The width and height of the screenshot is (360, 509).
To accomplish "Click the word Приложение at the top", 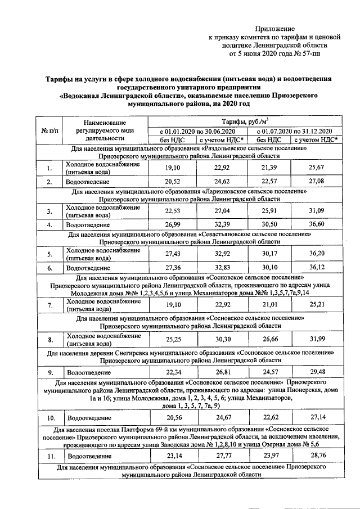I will (x=275, y=28).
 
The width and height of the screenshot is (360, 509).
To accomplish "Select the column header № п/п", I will (x=48, y=130).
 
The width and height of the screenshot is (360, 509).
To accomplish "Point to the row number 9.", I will (x=50, y=372).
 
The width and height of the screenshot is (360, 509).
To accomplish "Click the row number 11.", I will (x=50, y=456).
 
